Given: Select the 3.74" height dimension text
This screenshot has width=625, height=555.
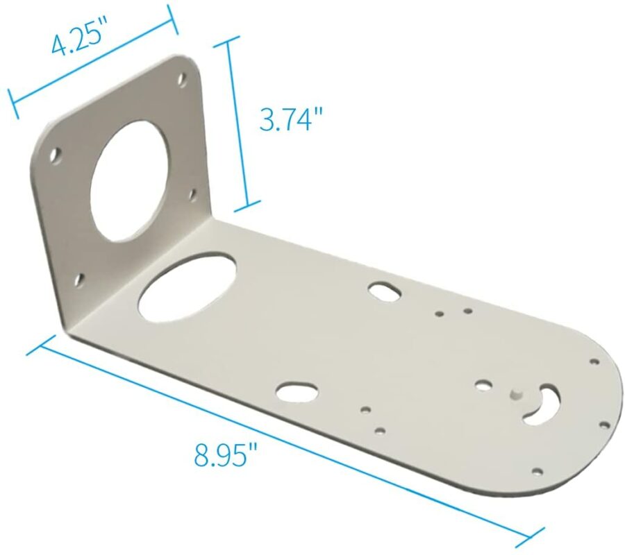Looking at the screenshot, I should (x=291, y=119).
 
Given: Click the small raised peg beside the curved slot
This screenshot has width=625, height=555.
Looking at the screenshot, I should (x=515, y=393).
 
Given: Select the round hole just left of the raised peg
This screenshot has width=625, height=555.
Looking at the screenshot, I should (x=484, y=384).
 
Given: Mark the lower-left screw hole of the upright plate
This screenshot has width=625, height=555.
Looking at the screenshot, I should (x=79, y=279).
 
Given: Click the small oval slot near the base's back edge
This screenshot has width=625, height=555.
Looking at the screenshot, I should (x=383, y=289).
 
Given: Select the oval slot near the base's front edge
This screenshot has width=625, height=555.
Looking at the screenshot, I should (x=298, y=392).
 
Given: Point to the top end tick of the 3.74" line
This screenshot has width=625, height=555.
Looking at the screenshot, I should (x=226, y=42).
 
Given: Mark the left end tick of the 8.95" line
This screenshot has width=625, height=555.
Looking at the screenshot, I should (x=41, y=345).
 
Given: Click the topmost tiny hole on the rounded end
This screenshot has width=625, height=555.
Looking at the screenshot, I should (x=594, y=361).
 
